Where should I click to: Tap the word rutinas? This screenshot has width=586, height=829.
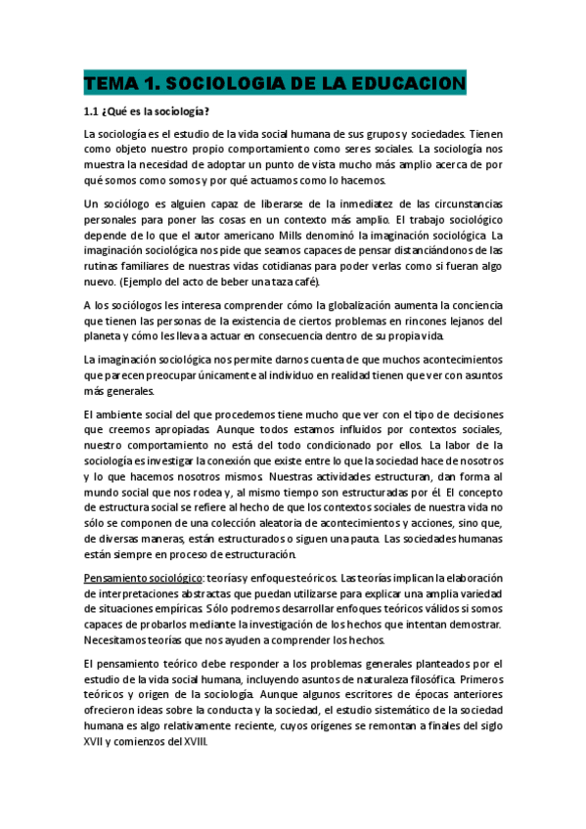click(103, 267)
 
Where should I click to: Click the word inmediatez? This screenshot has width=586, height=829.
click(331, 205)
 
